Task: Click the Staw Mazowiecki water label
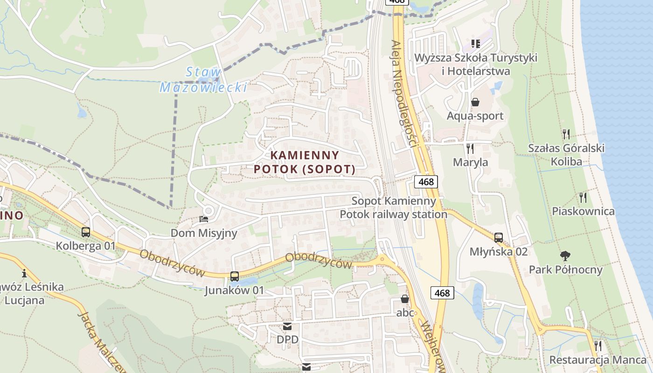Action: coord(203,80)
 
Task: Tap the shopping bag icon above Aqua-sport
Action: coord(475,102)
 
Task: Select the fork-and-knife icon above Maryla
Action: coord(470,149)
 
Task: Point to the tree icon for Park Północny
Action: coord(565,256)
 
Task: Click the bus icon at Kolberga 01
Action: coord(86,232)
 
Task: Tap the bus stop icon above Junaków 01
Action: coord(235,276)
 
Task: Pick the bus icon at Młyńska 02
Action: coord(499,238)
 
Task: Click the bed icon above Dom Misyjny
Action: coord(204,219)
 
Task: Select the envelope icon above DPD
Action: coord(287,326)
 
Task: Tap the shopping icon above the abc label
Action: coord(405,299)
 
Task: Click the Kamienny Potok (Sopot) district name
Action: coord(305,162)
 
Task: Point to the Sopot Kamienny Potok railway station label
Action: coord(394,208)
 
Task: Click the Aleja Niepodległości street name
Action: coord(403,93)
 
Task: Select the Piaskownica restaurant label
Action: coord(583,211)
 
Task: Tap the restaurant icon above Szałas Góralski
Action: coord(566,134)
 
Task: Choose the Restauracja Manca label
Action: coord(598,360)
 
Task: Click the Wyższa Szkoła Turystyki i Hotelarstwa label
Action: coord(476,64)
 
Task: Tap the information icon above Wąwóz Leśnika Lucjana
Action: coord(24,273)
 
